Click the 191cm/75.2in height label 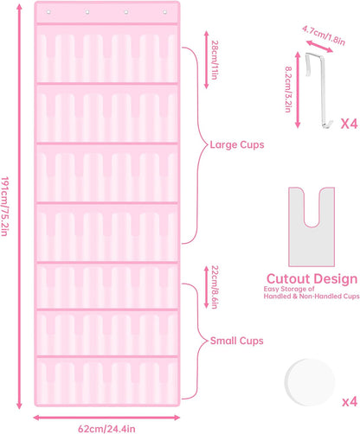(x=4, y=207)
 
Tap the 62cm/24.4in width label (x=106, y=429)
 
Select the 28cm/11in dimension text (x=215, y=60)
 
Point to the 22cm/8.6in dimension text (x=215, y=287)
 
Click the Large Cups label (x=237, y=144)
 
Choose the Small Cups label (x=237, y=341)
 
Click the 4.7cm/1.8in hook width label (x=324, y=35)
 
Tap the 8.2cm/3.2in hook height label (x=288, y=89)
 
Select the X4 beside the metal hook (x=349, y=124)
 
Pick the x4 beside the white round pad (x=350, y=402)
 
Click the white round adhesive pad (x=310, y=382)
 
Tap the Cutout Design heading (x=312, y=278)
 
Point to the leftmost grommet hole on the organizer (x=48, y=12)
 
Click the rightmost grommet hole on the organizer (x=164, y=12)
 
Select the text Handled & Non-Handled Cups (x=312, y=296)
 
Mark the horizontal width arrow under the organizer (x=106, y=418)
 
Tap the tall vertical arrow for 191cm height (x=19, y=207)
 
